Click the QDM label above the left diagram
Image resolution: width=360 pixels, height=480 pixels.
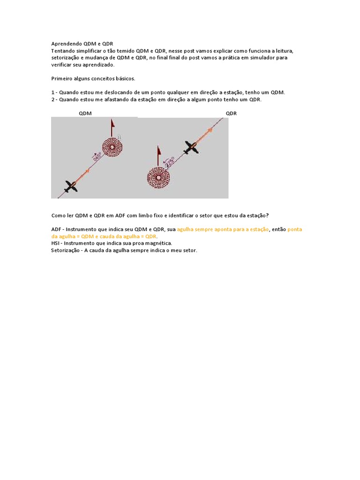85,113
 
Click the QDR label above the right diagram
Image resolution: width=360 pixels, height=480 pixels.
231,113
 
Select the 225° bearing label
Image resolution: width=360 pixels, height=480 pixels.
169,162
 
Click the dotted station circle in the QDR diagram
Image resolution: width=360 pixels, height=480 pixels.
158,178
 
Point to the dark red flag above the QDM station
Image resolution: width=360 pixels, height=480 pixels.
113,125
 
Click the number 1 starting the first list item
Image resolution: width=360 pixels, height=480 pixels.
52,93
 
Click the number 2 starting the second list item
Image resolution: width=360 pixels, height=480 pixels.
52,100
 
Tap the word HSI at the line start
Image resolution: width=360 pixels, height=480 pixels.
55,243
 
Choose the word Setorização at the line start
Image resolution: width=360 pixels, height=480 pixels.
65,251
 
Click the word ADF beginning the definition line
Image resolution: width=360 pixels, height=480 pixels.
56,229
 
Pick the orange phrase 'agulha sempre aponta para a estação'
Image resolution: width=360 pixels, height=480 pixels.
223,229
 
